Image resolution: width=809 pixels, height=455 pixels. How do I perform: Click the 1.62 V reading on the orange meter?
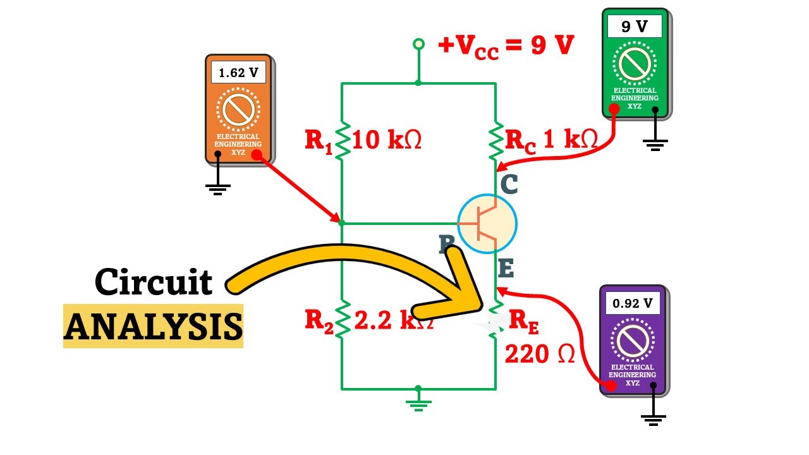pos(238,73)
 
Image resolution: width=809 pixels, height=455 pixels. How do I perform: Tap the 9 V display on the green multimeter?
pos(634,27)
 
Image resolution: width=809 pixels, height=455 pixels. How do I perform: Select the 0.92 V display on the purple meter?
pos(632,303)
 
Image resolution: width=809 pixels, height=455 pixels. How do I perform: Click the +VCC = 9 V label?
pos(506,46)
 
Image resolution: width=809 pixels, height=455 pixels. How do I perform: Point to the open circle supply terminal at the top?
pos(418,44)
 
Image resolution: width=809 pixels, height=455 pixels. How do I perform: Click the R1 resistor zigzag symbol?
pos(342,140)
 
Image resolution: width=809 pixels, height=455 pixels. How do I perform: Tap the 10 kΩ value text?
pos(386,140)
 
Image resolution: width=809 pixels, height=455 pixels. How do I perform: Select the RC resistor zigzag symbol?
pos(496,140)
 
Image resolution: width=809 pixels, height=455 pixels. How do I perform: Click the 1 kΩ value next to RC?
pos(570,139)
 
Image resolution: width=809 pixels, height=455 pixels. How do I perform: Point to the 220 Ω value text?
pos(539,355)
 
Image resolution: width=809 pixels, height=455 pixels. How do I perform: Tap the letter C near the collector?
pos(509,185)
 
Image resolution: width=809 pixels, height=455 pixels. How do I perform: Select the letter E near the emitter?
pos(506,269)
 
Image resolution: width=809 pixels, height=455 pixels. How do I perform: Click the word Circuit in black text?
pos(153,282)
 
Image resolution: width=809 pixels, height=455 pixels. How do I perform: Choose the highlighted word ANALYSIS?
pos(153,326)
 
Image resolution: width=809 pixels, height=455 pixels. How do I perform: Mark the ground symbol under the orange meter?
pos(218,188)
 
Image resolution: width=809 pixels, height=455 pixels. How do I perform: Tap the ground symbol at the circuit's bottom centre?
pos(418,404)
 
